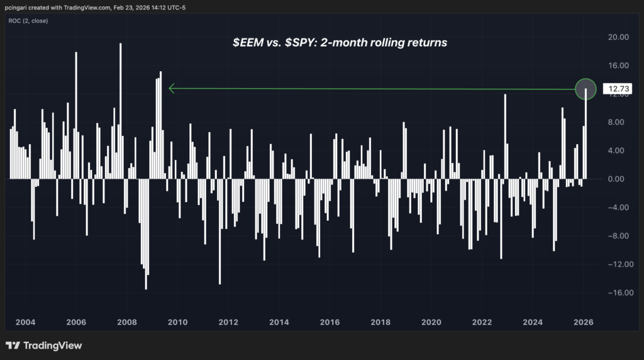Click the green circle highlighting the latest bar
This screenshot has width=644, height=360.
tap(586, 89)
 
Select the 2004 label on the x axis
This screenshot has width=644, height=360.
tap(25, 322)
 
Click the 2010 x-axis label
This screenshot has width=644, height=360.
tap(177, 322)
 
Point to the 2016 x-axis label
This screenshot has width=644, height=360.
tap(330, 322)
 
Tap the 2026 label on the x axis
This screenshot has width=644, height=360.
tap(583, 322)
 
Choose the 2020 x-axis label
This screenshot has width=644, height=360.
tap(431, 322)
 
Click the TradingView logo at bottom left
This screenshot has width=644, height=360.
tap(44, 346)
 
